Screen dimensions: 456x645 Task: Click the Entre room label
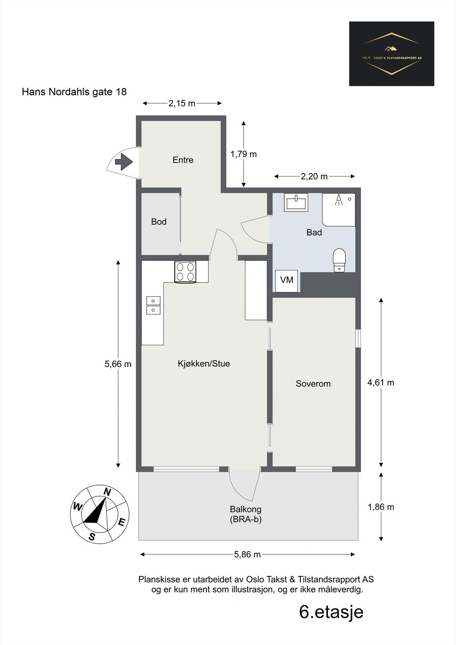click(183, 160)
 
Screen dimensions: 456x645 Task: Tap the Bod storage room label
click(159, 221)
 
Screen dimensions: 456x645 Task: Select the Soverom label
click(313, 383)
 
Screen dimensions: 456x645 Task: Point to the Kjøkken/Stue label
click(204, 364)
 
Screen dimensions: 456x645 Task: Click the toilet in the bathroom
click(339, 260)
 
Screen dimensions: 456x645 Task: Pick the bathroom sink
click(296, 202)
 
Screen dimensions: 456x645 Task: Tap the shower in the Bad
click(339, 210)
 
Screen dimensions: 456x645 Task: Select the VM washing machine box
click(287, 281)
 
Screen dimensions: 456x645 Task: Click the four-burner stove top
click(185, 272)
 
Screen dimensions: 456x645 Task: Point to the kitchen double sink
click(154, 305)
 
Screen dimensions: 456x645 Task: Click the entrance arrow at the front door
click(124, 162)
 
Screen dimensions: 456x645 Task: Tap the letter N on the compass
click(107, 492)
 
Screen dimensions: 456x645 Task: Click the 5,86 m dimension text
click(247, 554)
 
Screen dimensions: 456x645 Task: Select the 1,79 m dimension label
click(244, 154)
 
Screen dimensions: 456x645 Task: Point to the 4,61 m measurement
click(381, 383)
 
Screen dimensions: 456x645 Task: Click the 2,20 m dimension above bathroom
click(314, 176)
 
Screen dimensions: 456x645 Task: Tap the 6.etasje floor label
click(331, 612)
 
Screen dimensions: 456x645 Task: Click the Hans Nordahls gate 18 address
click(74, 92)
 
